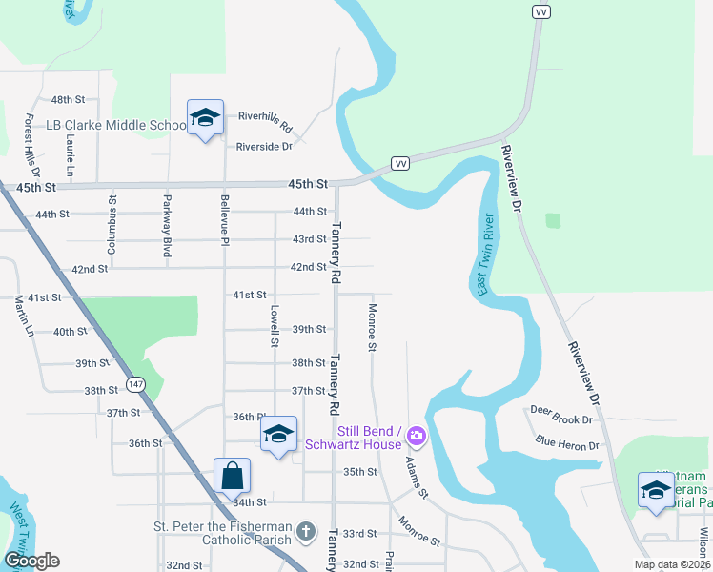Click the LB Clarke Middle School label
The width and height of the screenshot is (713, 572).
coord(116,126)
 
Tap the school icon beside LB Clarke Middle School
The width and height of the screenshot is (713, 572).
coord(205,118)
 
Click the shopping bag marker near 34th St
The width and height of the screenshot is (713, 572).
coord(232,474)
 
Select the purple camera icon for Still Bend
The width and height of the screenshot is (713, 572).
coord(416,438)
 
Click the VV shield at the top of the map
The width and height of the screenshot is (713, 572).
coord(541,11)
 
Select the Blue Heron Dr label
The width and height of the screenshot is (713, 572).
coord(566,443)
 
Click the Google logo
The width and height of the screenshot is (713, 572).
coord(31,561)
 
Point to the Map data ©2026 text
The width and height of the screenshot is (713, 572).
coord(671,564)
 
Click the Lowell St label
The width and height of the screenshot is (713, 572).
coord(275,325)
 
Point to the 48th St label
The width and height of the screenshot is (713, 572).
coord(69,99)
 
